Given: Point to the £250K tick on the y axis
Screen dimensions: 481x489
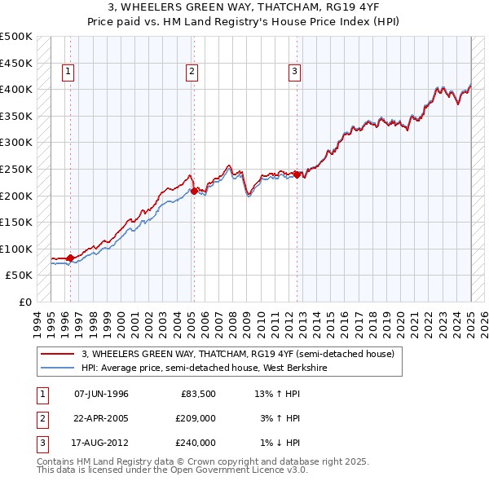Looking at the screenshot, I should (16, 169).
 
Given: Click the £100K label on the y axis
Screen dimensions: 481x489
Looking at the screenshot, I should (16, 249).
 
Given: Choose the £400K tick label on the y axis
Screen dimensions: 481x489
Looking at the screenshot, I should (16, 89).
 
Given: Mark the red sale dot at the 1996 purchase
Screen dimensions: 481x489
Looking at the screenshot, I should (70, 258).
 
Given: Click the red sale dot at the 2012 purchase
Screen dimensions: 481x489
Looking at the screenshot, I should (297, 174).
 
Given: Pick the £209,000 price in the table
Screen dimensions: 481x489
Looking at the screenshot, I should (196, 418).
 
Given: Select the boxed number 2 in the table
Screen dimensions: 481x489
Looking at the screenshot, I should (41, 418).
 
